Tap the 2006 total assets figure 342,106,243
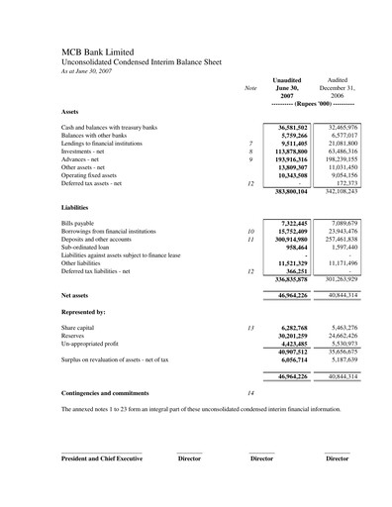pos(337,191)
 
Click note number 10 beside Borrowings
pos(250,231)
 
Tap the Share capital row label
pos(80,328)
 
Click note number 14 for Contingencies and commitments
pos(250,393)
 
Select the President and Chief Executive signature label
pos(102,458)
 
